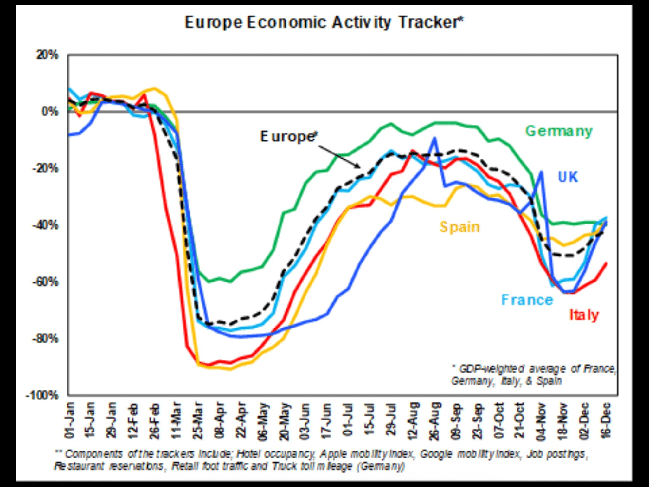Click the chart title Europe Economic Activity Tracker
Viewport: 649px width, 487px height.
(324, 23)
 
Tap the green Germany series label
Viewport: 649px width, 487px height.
(559, 131)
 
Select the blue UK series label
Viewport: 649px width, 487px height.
(568, 177)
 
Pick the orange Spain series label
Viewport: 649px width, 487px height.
(459, 227)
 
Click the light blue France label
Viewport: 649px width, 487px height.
(527, 300)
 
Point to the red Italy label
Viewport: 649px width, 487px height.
(584, 315)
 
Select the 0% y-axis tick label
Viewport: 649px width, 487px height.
(50, 112)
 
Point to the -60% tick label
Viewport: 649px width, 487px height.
(46, 282)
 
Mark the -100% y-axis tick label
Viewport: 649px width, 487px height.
(43, 395)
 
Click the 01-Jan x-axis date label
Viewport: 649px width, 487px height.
(69, 420)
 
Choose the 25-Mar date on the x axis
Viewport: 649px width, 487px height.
(198, 420)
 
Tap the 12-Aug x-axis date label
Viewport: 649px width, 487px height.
(414, 420)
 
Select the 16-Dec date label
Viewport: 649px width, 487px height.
(606, 420)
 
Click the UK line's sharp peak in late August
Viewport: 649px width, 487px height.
(434, 138)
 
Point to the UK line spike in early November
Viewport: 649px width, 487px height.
(542, 172)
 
